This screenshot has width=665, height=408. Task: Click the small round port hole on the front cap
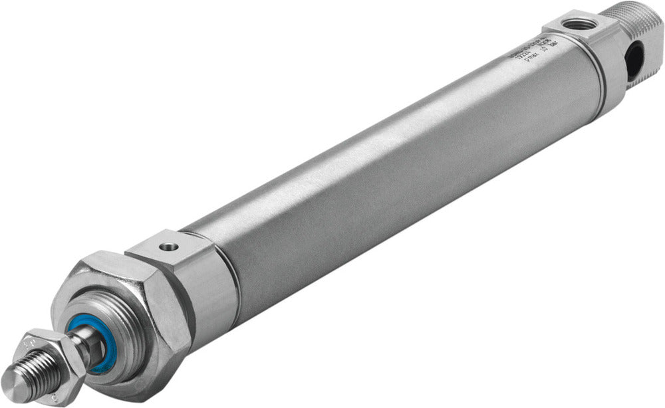[170, 247]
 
